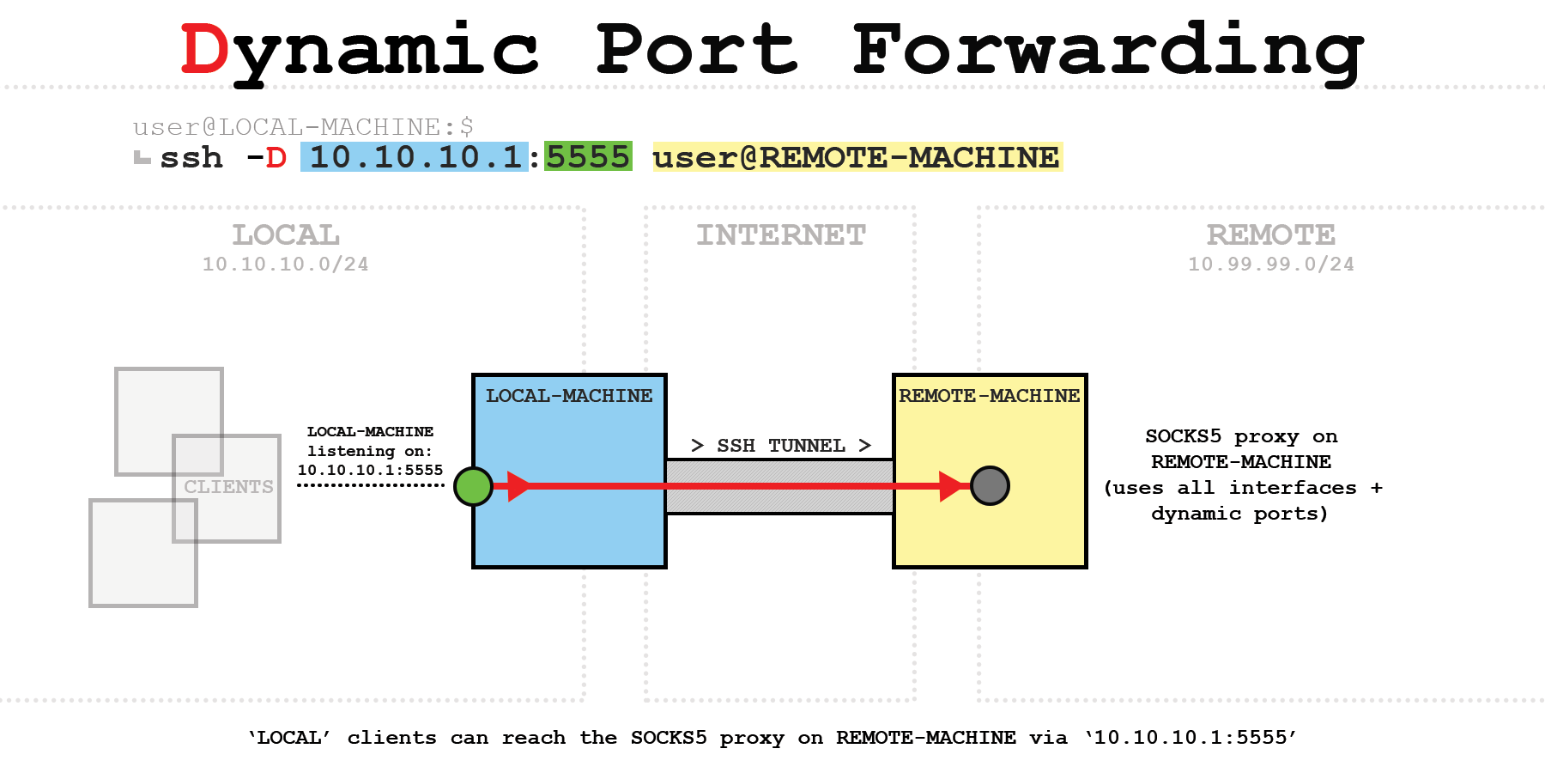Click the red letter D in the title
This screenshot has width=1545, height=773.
204,50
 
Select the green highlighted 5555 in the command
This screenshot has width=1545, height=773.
589,157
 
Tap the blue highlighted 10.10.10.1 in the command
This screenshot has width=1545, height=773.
415,157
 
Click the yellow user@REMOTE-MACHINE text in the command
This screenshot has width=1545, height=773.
857,157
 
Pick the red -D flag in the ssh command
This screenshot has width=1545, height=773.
267,158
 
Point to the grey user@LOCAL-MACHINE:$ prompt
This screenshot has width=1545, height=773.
303,127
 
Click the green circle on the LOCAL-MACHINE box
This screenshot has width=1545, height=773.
473,486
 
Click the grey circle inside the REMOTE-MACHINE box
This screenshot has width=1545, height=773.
990,486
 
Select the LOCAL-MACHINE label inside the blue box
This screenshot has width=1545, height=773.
569,396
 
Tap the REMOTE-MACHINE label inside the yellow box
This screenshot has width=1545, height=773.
989,396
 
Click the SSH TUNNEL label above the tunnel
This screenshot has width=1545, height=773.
781,446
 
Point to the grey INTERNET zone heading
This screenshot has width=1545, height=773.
781,234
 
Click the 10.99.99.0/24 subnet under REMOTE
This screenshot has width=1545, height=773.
1270,265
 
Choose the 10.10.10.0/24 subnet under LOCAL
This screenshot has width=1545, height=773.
286,265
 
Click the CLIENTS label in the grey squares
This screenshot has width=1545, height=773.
228,487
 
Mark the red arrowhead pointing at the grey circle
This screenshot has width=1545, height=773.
953,486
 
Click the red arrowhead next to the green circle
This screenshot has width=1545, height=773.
518,486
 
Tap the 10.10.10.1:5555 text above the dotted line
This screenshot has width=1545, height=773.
370,470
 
